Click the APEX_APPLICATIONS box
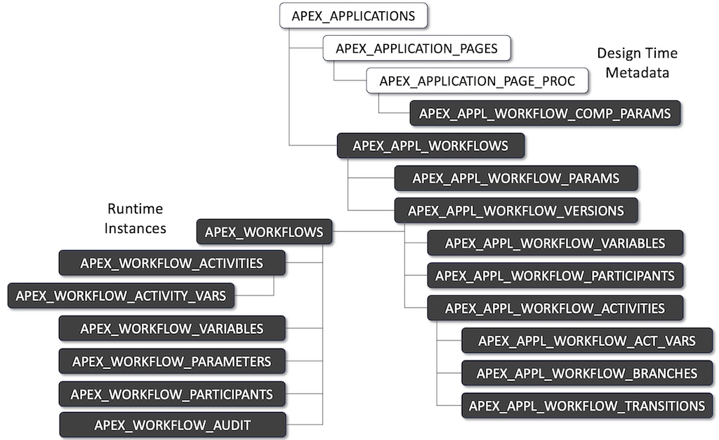click(354, 15)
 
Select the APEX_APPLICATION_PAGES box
click(416, 48)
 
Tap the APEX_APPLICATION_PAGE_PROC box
click(477, 81)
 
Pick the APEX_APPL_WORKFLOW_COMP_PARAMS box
click(545, 112)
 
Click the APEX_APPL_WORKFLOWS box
click(430, 146)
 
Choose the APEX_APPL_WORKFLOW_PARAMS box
click(516, 178)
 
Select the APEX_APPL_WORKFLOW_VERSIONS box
click(516, 211)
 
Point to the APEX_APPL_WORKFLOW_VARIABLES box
click(555, 244)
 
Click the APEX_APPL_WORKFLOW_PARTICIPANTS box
click(555, 276)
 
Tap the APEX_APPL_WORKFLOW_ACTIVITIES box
click(555, 308)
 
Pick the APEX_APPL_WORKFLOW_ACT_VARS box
click(586, 341)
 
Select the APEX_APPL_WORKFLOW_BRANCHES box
click(586, 373)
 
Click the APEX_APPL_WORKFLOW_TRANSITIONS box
click(586, 406)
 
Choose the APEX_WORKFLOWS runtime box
click(264, 232)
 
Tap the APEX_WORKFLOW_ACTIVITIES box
click(172, 264)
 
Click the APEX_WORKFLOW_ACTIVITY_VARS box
click(121, 295)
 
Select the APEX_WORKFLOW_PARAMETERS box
click(172, 361)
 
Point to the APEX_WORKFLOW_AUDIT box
click(172, 425)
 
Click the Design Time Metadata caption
click(637, 63)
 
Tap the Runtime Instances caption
click(135, 218)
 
